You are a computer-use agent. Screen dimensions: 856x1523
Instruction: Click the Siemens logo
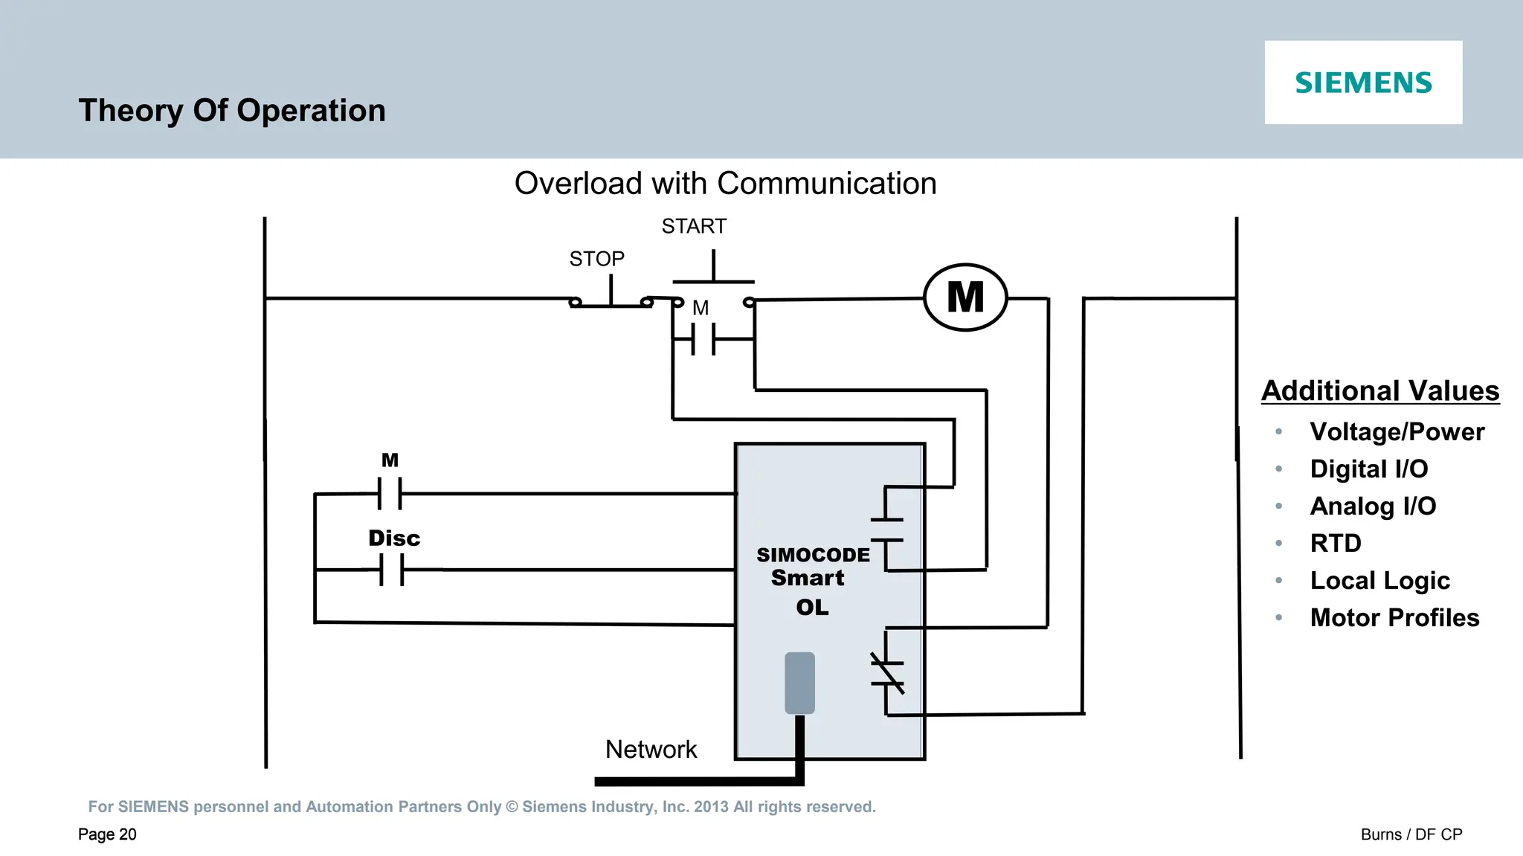tap(1362, 83)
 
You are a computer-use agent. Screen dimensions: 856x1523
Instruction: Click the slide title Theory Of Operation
tap(232, 111)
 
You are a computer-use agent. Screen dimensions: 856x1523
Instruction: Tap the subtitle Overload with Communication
tap(725, 184)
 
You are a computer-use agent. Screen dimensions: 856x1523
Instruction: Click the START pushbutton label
tap(694, 226)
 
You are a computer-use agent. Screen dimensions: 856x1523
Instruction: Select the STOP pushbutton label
tap(596, 259)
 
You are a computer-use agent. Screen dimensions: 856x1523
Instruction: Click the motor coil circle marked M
tap(965, 297)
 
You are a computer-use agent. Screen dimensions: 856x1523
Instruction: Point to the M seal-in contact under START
tap(703, 339)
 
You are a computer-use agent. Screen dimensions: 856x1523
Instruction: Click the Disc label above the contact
tap(394, 538)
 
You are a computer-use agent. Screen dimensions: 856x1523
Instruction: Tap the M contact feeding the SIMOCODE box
tap(390, 493)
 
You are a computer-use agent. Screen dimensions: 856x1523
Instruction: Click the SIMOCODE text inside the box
tap(813, 555)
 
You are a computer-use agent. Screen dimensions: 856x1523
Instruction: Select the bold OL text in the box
tap(812, 608)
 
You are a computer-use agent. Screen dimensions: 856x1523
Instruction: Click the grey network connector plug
tap(799, 683)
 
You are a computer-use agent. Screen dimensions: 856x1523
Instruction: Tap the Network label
tap(651, 749)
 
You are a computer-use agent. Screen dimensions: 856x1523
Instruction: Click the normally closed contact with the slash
tap(887, 672)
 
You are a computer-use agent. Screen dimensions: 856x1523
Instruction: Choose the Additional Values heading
tap(1380, 390)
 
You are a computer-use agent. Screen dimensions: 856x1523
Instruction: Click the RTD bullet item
tap(1336, 543)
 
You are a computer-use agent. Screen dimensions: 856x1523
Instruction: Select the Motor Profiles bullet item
tap(1394, 617)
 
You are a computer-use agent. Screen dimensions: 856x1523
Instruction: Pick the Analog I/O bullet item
tap(1373, 506)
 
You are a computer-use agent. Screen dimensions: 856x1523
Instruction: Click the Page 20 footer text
tap(107, 834)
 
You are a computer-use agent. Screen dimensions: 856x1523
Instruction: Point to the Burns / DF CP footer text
tap(1411, 834)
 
